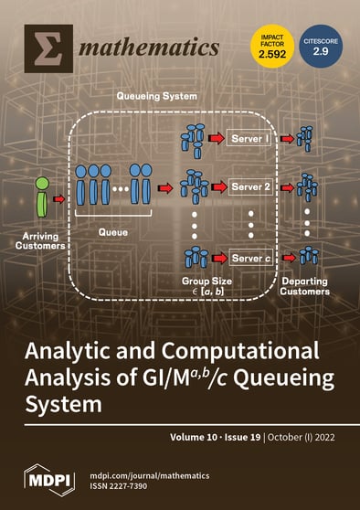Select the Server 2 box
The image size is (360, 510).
coord(251,186)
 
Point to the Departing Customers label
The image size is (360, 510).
coord(304,286)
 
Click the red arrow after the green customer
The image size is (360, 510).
coord(60,196)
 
